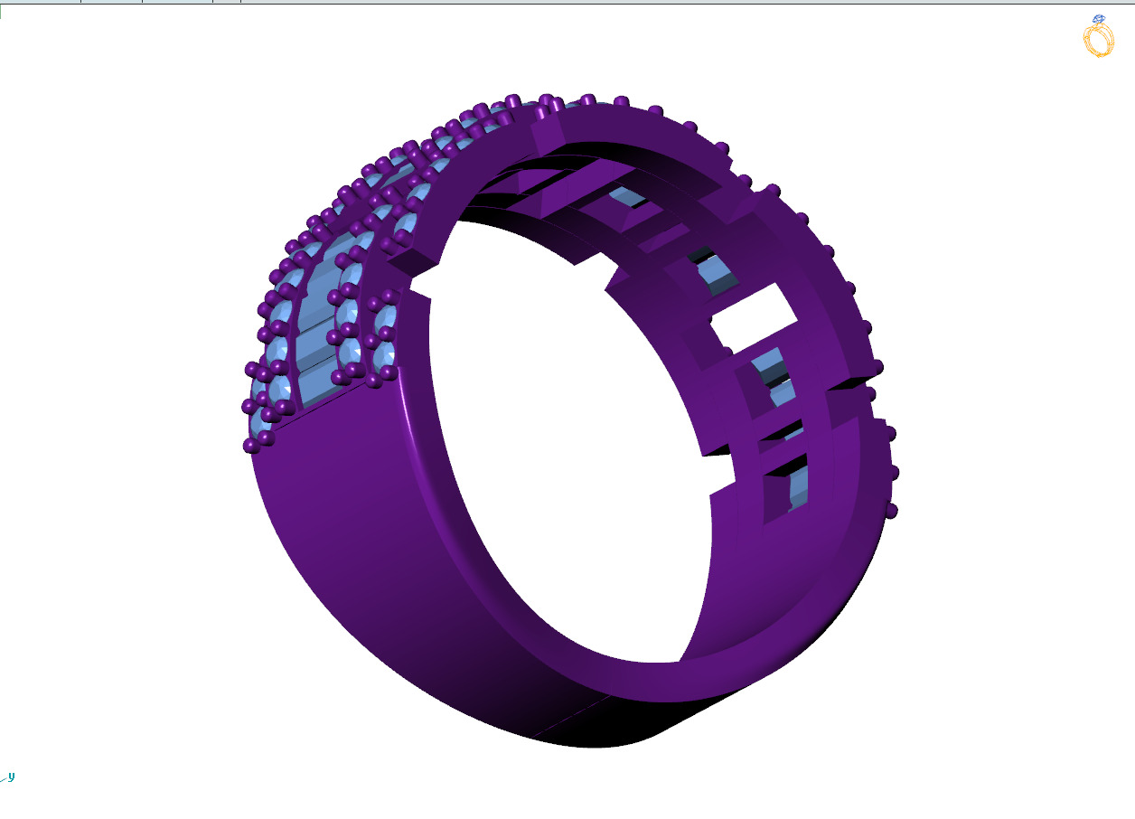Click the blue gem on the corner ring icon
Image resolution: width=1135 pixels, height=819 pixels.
[1098, 19]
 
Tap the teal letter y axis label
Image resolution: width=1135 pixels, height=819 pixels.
[11, 776]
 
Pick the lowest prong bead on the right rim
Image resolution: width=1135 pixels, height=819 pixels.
[891, 511]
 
